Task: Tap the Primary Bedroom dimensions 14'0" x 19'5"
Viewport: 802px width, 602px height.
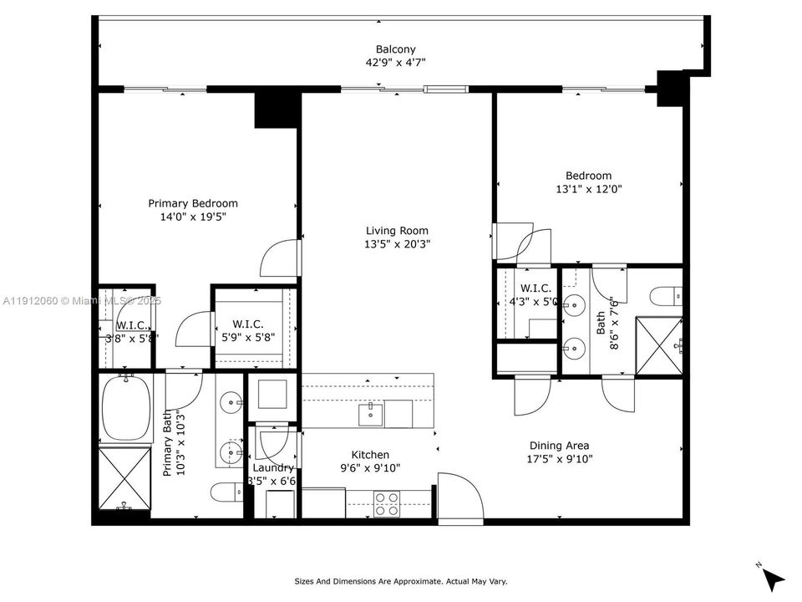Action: click(193, 217)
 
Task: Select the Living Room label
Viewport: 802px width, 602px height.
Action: click(397, 231)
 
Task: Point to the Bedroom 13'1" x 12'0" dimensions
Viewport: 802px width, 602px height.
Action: click(589, 189)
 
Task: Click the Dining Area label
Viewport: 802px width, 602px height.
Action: click(559, 446)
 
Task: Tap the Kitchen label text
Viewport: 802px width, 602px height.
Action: click(370, 455)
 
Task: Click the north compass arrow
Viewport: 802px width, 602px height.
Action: click(774, 578)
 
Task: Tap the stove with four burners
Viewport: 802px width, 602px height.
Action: click(386, 504)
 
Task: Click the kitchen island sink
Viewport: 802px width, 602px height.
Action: click(371, 412)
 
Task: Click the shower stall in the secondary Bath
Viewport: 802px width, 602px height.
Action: click(659, 344)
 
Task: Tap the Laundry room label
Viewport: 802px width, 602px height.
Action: click(273, 467)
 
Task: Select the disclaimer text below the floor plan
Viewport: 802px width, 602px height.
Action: click(401, 581)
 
